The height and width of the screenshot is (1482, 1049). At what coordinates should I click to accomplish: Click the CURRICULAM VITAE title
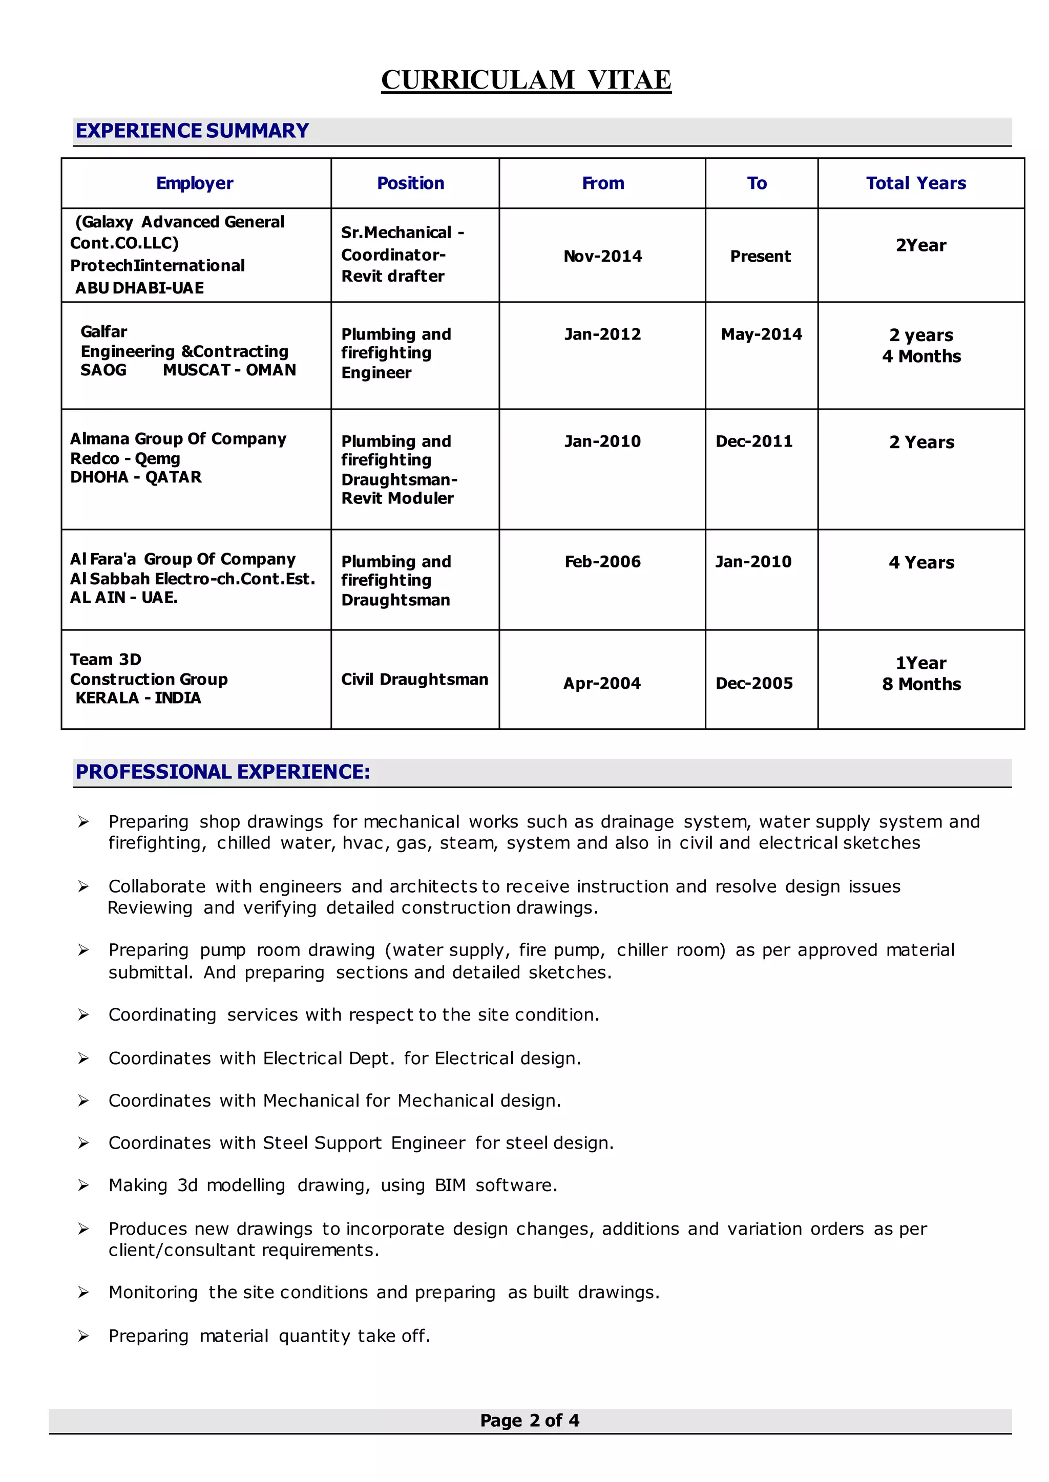point(526,80)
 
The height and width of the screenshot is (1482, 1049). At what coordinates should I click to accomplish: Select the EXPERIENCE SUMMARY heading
point(192,131)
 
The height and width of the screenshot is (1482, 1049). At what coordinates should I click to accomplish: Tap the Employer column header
point(195,183)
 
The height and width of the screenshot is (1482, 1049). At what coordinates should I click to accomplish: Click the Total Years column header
point(915,183)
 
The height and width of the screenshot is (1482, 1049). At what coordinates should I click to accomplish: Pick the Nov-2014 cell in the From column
point(603,257)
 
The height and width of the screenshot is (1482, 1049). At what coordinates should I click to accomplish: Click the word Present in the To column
point(760,257)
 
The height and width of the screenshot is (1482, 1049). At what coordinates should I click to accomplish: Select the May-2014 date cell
point(761,334)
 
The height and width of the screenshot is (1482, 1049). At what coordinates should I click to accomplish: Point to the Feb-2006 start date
point(603,562)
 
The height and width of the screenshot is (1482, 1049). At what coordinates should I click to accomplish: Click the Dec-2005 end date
point(754,683)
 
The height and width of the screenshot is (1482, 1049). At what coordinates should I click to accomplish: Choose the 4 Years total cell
point(921,562)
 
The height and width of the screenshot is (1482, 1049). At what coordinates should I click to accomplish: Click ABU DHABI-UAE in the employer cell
point(139,288)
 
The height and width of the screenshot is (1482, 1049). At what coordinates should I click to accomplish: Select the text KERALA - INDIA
point(138,698)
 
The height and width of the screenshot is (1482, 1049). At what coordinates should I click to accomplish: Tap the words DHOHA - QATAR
point(136,477)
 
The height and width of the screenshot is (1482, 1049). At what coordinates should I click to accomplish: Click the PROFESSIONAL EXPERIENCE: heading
point(223,772)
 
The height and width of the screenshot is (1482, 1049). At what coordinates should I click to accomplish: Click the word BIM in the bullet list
point(450,1185)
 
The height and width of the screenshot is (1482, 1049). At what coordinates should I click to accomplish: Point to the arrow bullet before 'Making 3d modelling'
point(83,1185)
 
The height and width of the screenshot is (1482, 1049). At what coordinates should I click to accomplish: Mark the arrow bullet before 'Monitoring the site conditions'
point(83,1292)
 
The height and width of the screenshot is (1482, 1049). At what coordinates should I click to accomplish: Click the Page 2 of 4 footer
point(530,1420)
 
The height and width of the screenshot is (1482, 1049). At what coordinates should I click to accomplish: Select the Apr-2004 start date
point(601,683)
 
